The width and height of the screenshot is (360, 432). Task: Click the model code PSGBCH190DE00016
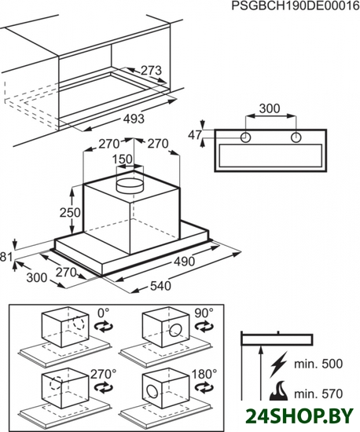tap(296, 5)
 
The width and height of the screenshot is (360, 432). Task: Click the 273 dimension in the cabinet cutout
tap(151, 71)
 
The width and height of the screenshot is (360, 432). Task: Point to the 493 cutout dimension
tap(134, 119)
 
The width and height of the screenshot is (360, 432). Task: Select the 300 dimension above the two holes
tap(270, 108)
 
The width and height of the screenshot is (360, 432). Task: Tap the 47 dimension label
tap(195, 135)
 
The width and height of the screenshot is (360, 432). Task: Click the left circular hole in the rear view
tap(245, 137)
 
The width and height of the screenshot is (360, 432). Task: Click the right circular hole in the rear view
tap(296, 137)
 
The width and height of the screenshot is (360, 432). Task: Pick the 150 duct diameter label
tap(123, 159)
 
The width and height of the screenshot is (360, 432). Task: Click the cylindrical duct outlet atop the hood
tap(130, 186)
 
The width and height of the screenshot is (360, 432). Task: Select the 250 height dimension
tap(70, 212)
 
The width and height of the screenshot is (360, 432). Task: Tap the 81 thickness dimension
tap(6, 257)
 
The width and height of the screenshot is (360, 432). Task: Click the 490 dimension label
tap(184, 262)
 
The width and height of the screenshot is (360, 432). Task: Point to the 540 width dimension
tap(160, 286)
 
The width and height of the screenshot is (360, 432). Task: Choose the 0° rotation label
tap(104, 313)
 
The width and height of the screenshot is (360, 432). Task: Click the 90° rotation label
tap(204, 313)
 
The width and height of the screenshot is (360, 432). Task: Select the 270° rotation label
tap(104, 374)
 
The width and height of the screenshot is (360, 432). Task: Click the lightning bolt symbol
tap(279, 364)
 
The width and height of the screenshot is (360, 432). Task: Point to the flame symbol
tap(279, 390)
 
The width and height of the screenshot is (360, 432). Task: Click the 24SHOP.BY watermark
tap(299, 416)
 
